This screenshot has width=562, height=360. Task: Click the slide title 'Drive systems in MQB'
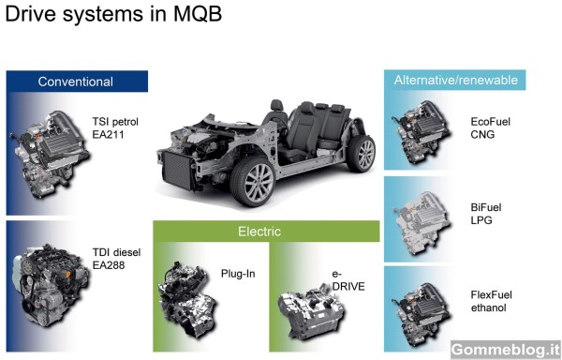click(x=113, y=14)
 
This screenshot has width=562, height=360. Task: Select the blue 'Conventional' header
click(x=77, y=82)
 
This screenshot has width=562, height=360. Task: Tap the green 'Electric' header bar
click(x=266, y=232)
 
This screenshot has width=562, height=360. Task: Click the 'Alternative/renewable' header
click(x=455, y=80)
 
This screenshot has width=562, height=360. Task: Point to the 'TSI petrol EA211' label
click(x=115, y=128)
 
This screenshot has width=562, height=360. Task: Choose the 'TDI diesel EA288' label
click(x=116, y=259)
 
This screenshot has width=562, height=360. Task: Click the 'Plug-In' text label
click(x=238, y=274)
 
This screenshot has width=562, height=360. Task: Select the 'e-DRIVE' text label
click(x=348, y=280)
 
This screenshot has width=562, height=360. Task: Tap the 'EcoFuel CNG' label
click(x=490, y=128)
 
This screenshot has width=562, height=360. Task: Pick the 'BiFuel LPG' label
click(x=486, y=214)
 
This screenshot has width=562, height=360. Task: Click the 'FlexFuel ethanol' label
click(x=491, y=301)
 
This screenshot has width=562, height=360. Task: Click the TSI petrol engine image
click(x=51, y=154)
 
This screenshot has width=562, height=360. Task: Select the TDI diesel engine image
click(x=51, y=285)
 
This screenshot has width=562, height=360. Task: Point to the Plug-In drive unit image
click(x=186, y=299)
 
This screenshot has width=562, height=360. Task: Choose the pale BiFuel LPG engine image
click(x=421, y=222)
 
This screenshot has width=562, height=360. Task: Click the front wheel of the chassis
click(x=254, y=180)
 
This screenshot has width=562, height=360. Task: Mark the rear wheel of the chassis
click(x=362, y=154)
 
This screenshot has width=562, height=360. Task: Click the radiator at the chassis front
click(x=177, y=170)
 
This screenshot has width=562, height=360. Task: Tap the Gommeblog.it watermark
click(x=506, y=350)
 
